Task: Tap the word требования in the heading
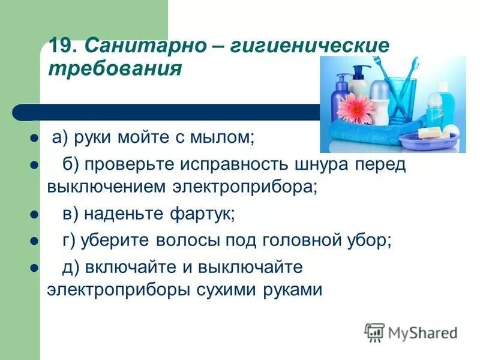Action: (x=114, y=68)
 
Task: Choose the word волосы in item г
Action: (x=188, y=240)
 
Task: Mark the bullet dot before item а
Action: (x=34, y=137)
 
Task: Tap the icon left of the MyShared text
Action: (x=374, y=332)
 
